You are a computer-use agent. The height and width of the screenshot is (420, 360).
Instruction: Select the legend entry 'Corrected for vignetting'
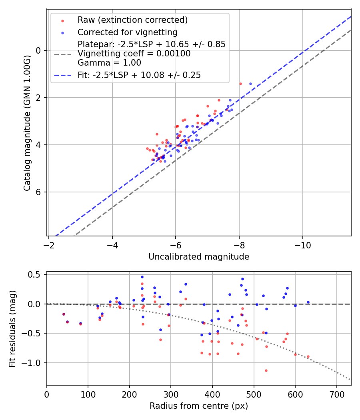click(127, 32)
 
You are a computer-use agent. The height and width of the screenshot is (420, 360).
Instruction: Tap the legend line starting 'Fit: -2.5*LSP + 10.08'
click(139, 75)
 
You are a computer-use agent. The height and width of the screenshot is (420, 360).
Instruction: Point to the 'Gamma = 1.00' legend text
click(109, 62)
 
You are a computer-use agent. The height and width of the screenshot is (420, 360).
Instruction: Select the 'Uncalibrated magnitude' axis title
click(199, 257)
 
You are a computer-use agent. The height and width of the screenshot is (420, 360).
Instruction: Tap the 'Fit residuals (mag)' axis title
click(12, 328)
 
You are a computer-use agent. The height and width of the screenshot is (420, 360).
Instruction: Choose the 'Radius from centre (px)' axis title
click(199, 406)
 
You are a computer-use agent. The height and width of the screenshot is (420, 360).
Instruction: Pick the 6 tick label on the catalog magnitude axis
click(38, 192)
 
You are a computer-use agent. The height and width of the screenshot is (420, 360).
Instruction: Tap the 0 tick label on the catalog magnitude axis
click(38, 50)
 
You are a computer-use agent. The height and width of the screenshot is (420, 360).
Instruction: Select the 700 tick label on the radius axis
click(336, 394)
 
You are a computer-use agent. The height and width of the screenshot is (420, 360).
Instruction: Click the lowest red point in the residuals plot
click(266, 370)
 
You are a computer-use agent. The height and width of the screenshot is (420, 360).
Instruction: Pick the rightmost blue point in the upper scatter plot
click(250, 84)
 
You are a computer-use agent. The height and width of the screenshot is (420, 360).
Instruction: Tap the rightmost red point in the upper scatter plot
click(240, 84)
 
